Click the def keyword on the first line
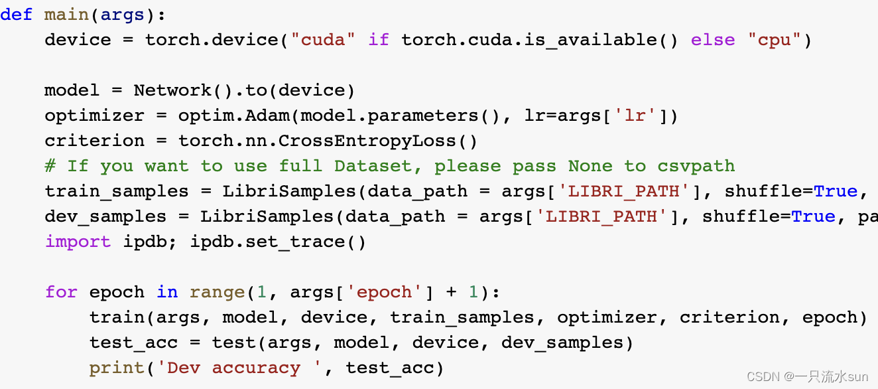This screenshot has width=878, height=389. [x=16, y=15]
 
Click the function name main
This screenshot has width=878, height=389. [x=66, y=15]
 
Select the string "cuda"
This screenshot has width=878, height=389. [x=323, y=40]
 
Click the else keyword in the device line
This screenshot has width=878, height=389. [x=713, y=40]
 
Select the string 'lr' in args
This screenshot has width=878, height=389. [x=635, y=116]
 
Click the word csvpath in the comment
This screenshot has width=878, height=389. [x=696, y=166]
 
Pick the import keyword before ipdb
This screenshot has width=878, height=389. [x=78, y=242]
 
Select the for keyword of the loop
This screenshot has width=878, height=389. [x=61, y=292]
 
